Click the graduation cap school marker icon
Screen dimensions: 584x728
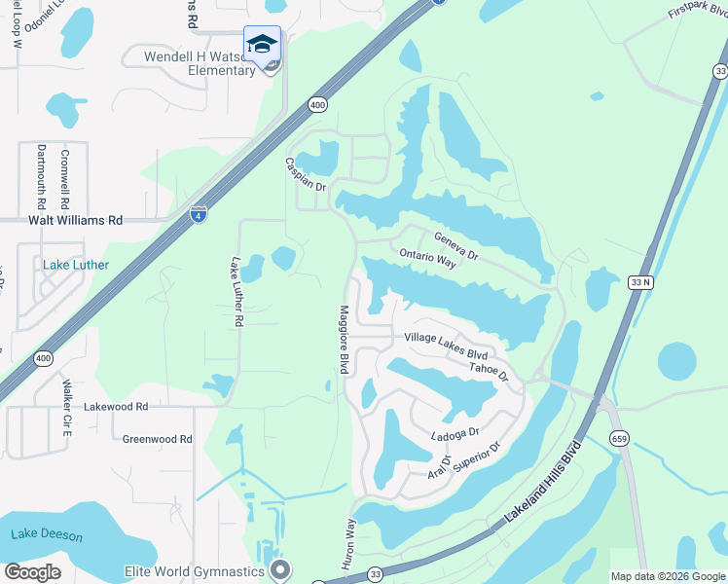coord(261,45)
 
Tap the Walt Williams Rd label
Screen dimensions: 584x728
coord(61,221)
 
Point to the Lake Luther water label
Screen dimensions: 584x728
coord(76,265)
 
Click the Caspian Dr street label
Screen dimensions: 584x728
coord(305,174)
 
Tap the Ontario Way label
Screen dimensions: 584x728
coord(427,258)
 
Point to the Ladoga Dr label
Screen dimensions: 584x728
coord(455,432)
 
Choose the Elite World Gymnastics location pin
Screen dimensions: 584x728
coord(280,568)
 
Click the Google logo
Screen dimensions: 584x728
coord(32,572)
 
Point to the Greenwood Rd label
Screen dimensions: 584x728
coord(157,439)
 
